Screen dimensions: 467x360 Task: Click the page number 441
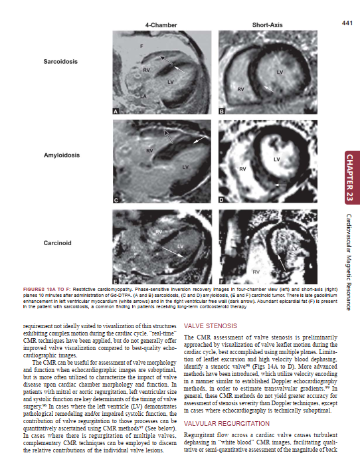coord(346,24)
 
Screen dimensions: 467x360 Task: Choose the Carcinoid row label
coord(58,243)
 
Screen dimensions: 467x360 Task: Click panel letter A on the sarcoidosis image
coord(116,111)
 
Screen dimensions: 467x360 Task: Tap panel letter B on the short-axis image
coord(222,111)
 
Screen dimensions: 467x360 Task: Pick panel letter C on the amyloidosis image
coord(116,199)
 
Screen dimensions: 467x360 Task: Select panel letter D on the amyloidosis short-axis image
coord(222,199)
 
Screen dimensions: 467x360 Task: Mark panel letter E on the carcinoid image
coord(116,282)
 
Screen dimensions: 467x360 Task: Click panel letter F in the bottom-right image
coord(222,282)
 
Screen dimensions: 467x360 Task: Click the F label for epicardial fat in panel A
coord(141,45)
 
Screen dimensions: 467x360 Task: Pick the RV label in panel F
coord(255,272)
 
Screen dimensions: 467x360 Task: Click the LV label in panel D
coord(276,159)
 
